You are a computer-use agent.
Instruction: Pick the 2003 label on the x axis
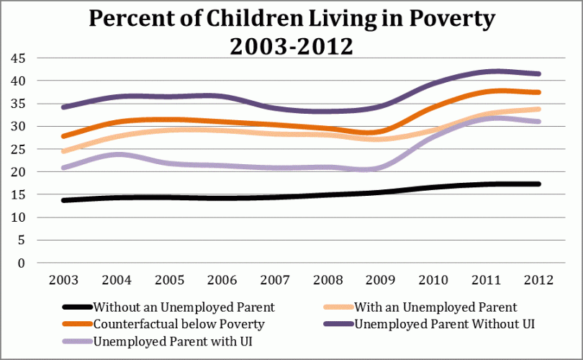pos(65,278)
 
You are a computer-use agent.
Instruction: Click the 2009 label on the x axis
pos(394,278)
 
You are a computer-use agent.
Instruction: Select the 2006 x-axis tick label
pos(230,278)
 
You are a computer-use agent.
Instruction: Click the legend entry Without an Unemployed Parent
pos(184,307)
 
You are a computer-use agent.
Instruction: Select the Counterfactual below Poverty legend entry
pos(179,324)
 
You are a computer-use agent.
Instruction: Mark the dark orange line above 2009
pos(394,132)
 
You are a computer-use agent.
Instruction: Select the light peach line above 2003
pos(65,150)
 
